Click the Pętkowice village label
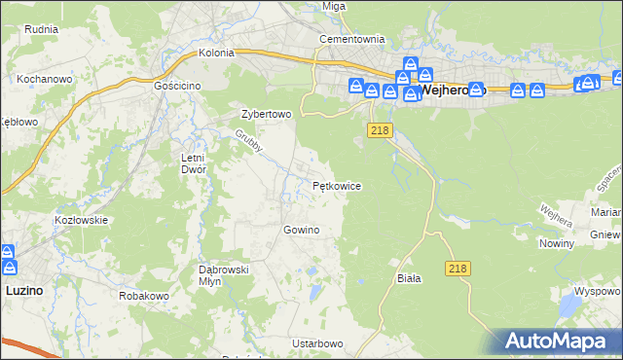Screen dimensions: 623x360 point(337,185)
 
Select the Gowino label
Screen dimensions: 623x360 point(301,230)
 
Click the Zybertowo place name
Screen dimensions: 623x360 point(267,114)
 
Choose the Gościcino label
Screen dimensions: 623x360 point(176,86)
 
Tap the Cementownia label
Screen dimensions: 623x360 point(352,39)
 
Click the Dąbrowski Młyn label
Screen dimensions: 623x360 point(225,274)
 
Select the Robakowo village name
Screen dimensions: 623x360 point(144,294)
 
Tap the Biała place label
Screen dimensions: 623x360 point(409,277)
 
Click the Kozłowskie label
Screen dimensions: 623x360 point(81,220)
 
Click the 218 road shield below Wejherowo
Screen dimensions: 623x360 point(380,129)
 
